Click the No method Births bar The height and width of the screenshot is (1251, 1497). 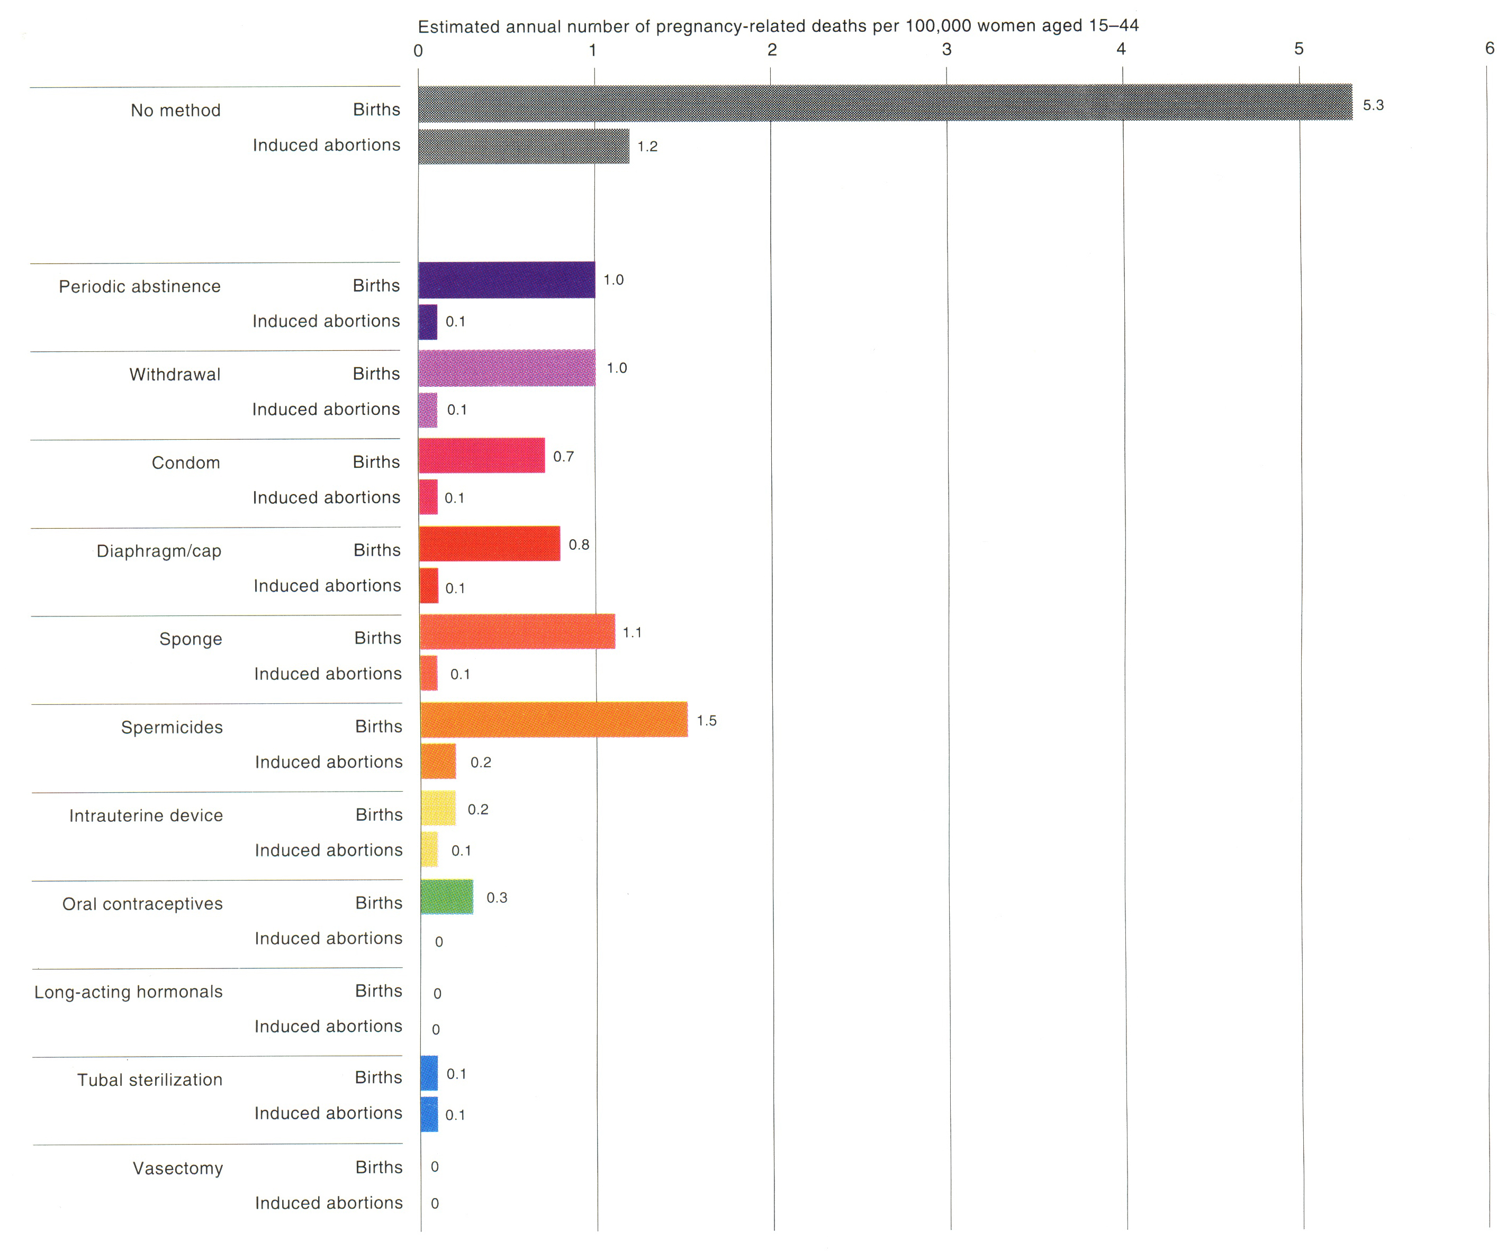(x=884, y=103)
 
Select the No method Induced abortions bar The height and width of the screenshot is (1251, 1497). (x=524, y=146)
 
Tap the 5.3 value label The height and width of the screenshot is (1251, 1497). (x=1373, y=105)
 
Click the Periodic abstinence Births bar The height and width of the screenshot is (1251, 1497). (x=507, y=280)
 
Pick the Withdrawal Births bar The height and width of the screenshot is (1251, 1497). (x=507, y=368)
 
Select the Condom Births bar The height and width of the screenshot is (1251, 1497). (x=482, y=456)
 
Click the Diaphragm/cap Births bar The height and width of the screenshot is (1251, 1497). (x=490, y=544)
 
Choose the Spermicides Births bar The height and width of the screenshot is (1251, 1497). (x=554, y=720)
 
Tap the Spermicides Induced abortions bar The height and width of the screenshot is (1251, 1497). (x=438, y=762)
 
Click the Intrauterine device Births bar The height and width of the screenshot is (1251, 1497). (x=438, y=809)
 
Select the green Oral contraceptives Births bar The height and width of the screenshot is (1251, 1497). (x=447, y=897)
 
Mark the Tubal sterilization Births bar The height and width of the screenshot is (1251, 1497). (x=429, y=1074)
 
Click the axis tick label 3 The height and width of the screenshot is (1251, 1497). (x=946, y=49)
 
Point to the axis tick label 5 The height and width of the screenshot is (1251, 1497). (x=1299, y=49)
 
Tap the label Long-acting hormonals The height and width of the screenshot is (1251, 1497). (x=128, y=992)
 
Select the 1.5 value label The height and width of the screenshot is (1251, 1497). (x=707, y=721)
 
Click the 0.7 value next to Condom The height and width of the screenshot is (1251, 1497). (x=563, y=456)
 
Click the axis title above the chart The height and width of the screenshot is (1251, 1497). (x=778, y=26)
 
